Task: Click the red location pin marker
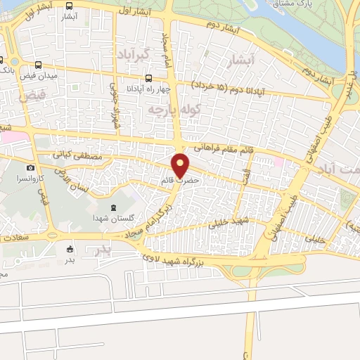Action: [x=181, y=165]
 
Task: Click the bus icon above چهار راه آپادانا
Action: [x=149, y=78]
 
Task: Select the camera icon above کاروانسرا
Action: [x=30, y=167]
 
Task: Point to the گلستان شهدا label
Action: [x=112, y=219]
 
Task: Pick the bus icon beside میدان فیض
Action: [x=2, y=60]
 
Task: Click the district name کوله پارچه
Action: [x=172, y=110]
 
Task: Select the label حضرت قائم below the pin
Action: [x=181, y=181]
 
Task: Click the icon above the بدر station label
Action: [x=70, y=248]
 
